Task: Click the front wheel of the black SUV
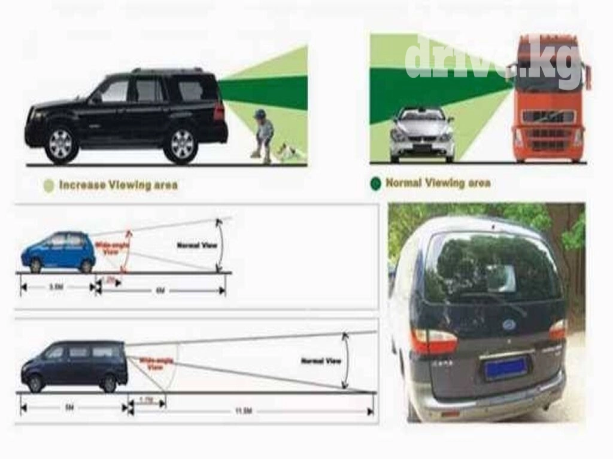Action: [60, 144]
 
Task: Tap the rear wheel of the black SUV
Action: [181, 144]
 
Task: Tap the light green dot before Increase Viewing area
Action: [48, 185]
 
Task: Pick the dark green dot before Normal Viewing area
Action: [375, 183]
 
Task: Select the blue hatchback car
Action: [58, 251]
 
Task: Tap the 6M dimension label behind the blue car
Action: [160, 290]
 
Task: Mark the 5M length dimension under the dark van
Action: [69, 409]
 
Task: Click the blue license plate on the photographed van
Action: [506, 368]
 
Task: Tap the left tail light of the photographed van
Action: [434, 341]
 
